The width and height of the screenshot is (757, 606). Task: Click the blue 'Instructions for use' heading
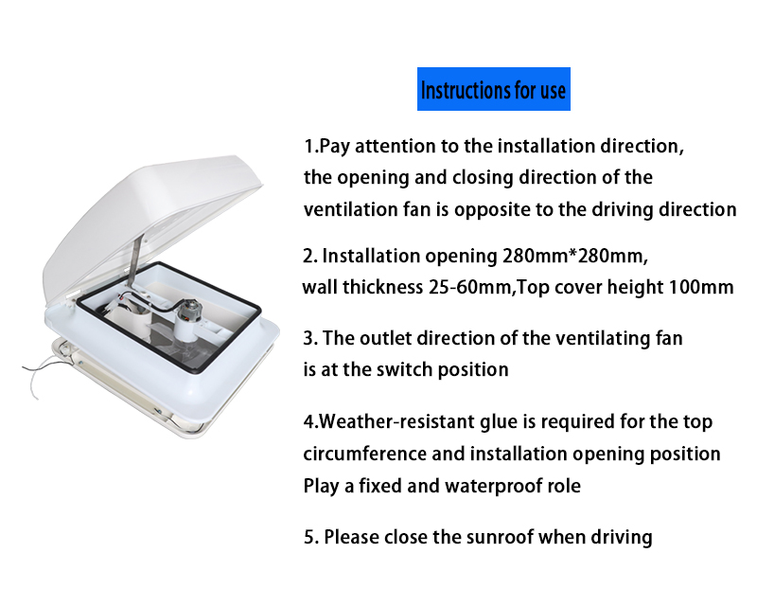(x=493, y=89)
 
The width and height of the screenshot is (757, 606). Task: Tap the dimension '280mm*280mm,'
(x=575, y=256)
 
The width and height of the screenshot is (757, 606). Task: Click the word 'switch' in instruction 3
(x=404, y=369)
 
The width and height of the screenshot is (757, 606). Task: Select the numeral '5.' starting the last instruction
(x=311, y=537)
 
